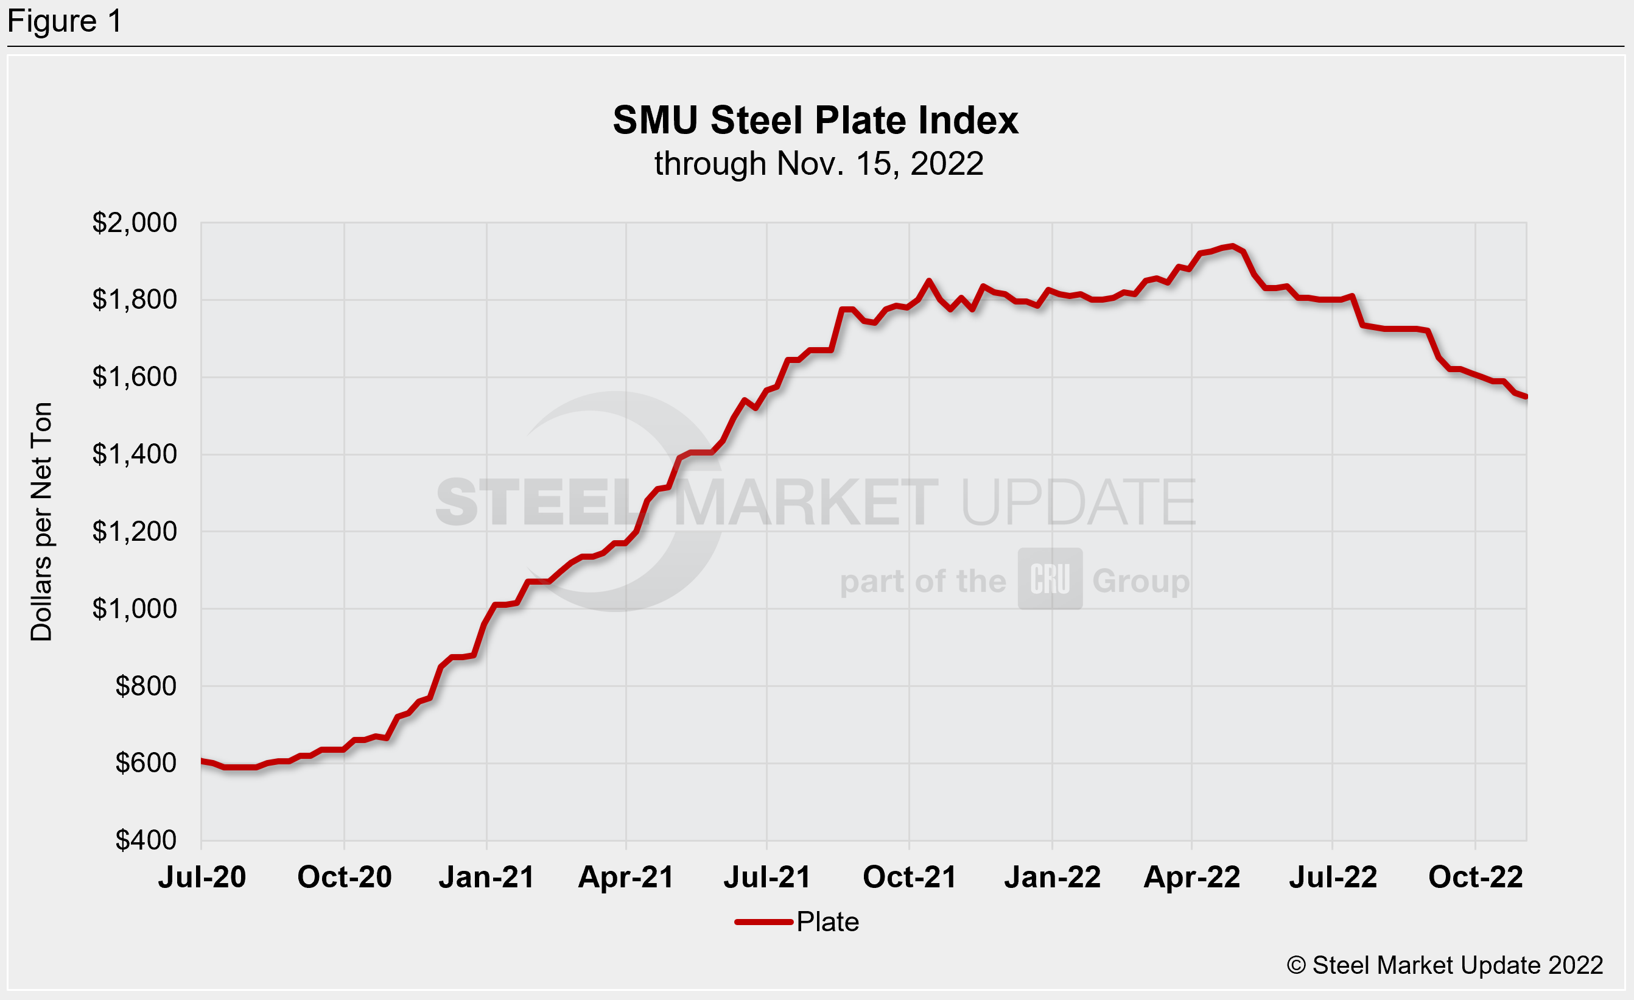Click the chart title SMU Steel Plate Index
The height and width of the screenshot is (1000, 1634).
[815, 121]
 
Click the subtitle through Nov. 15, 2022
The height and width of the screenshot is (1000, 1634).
[818, 164]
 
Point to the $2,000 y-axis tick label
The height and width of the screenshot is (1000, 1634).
[135, 223]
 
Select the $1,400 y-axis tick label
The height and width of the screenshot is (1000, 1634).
[135, 454]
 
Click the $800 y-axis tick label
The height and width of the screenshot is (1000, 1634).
[146, 686]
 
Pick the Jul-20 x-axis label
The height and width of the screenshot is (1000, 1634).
[202, 877]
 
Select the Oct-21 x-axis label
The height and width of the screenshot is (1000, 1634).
[909, 877]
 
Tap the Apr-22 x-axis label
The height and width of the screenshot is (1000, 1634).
[1191, 877]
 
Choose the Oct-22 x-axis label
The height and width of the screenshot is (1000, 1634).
[1476, 877]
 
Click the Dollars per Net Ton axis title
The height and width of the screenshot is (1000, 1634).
[41, 521]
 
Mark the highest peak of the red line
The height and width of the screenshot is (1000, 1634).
[1232, 246]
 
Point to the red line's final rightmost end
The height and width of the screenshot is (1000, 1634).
[1526, 397]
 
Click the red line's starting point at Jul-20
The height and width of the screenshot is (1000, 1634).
[202, 761]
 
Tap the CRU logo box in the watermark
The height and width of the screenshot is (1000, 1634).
[1050, 579]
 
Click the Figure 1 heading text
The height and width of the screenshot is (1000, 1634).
[65, 21]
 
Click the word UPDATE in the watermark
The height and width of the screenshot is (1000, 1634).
[1078, 502]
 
